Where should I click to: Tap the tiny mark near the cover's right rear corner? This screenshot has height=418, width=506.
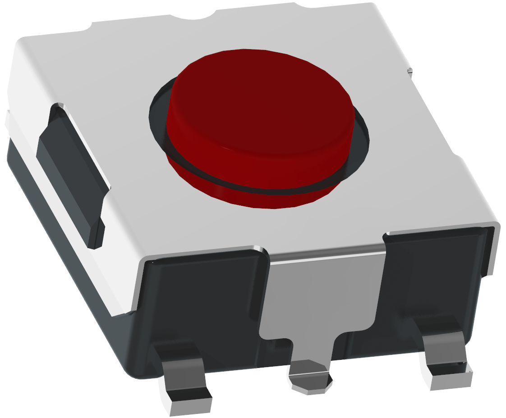coord(409,71)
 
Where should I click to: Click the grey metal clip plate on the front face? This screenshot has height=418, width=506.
coord(322,293)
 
